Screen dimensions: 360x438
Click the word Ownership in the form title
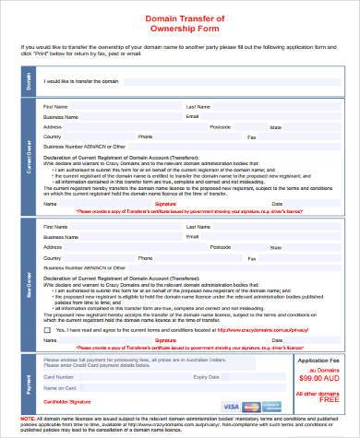(158, 27)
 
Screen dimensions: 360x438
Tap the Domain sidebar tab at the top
(28, 81)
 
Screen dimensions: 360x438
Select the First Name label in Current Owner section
(55, 108)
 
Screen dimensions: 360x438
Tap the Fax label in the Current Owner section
(251, 136)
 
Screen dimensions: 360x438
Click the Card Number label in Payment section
(57, 376)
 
